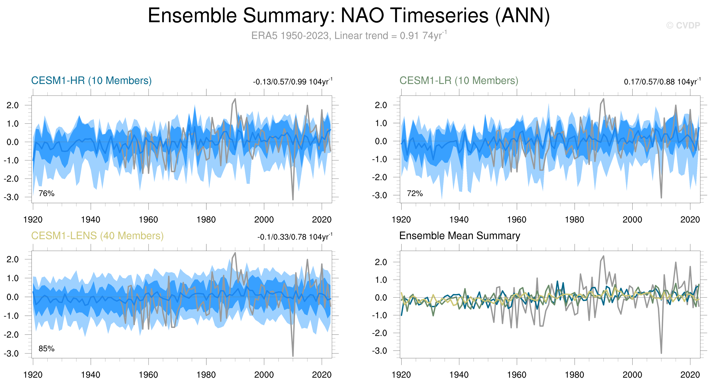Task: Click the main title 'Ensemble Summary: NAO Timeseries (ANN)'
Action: point(349,16)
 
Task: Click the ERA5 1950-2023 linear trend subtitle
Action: point(349,36)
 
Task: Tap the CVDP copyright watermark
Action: point(683,25)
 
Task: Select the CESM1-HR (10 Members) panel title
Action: point(91,80)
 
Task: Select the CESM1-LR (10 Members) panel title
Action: point(459,80)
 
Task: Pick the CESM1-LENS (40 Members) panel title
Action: point(97,236)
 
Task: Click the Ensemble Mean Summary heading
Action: point(460,236)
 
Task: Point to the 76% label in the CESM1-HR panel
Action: point(46,193)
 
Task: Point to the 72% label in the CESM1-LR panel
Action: point(415,193)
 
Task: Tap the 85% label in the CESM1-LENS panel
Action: point(46,349)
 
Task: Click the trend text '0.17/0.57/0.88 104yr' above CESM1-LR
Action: point(662,82)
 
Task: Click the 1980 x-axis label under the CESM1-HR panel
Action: point(206,220)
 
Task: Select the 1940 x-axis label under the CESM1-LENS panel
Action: point(91,375)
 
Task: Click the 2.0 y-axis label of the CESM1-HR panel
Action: point(13,105)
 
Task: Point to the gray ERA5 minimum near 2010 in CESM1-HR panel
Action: point(293,199)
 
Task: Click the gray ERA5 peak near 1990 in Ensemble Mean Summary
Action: point(604,256)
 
